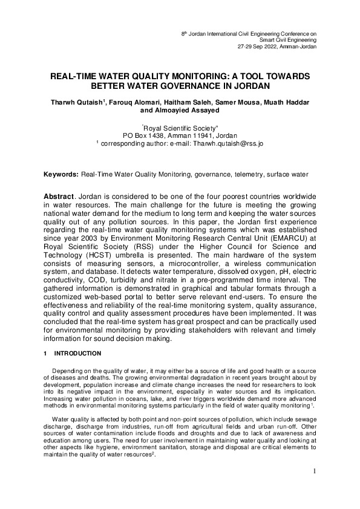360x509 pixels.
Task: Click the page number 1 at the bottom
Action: click(315, 471)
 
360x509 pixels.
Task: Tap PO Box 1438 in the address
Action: click(144, 136)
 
